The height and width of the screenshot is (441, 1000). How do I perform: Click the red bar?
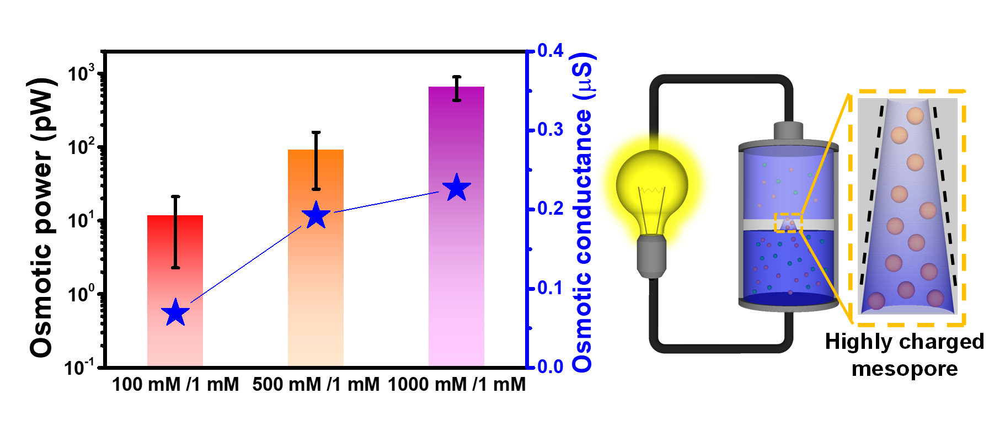click(175, 342)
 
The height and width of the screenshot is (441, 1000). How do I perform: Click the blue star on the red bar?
click(175, 313)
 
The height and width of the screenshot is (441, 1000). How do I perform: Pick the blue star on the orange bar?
click(316, 215)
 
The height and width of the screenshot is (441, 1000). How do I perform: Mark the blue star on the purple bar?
click(457, 188)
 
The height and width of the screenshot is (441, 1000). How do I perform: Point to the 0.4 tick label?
click(550, 51)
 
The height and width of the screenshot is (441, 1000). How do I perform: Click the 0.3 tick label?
click(550, 130)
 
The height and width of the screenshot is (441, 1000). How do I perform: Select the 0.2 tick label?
click(550, 209)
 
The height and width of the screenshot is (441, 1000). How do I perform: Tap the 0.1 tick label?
click(550, 288)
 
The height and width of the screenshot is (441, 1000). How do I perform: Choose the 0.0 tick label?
click(550, 366)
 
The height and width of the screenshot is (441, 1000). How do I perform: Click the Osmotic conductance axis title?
click(582, 212)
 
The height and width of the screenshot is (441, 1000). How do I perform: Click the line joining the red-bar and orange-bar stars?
click(245, 264)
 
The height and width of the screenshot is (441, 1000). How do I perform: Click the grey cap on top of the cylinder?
click(788, 131)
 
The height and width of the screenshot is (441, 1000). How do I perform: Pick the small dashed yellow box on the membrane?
click(788, 222)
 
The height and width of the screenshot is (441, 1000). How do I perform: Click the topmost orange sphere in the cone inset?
click(915, 116)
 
